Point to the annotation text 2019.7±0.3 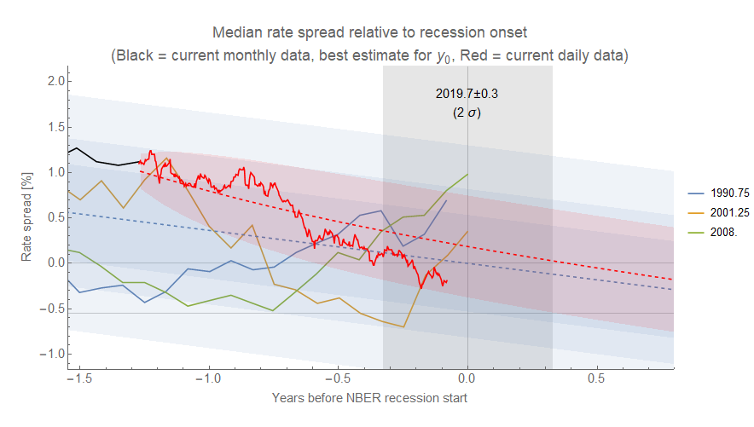[467, 94]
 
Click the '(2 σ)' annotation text [467, 112]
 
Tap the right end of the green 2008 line [468, 174]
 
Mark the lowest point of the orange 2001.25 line [403, 326]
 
